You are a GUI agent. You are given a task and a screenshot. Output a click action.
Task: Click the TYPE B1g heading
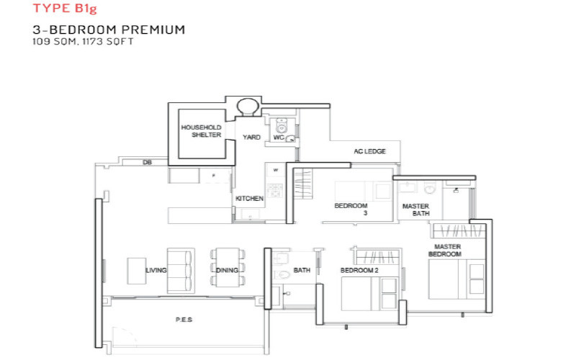[x=65, y=8]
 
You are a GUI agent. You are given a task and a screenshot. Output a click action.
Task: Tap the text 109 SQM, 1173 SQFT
[x=83, y=42]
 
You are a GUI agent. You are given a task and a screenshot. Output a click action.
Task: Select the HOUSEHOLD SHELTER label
[x=202, y=131]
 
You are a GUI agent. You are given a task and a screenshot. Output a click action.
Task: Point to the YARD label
[x=251, y=137]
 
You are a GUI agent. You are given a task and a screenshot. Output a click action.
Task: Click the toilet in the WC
[x=282, y=125]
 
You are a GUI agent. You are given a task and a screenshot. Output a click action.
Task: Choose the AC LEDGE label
[x=369, y=151]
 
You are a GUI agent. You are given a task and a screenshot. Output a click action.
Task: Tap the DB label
[x=147, y=162]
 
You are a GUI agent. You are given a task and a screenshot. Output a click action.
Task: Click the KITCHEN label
[x=249, y=199]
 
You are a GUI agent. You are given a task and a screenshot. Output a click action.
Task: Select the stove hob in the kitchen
[x=274, y=190]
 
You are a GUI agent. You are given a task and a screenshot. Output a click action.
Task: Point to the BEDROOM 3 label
[x=351, y=209]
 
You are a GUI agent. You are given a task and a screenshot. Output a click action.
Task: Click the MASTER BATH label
[x=416, y=210]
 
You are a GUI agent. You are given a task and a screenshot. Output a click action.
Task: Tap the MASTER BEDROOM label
[x=445, y=250]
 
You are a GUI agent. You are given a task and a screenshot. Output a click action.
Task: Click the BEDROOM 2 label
[x=359, y=271]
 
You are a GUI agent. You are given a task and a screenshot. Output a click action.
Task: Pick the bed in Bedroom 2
[x=369, y=294]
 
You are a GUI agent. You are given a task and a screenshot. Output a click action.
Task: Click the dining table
[x=228, y=267]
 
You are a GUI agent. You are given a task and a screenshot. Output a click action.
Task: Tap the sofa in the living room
[x=181, y=271]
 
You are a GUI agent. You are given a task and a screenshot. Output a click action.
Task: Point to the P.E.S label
[x=184, y=320]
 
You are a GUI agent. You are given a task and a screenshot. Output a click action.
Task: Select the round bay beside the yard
[x=248, y=107]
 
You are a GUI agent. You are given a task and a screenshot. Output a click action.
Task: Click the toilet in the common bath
[x=281, y=274]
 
